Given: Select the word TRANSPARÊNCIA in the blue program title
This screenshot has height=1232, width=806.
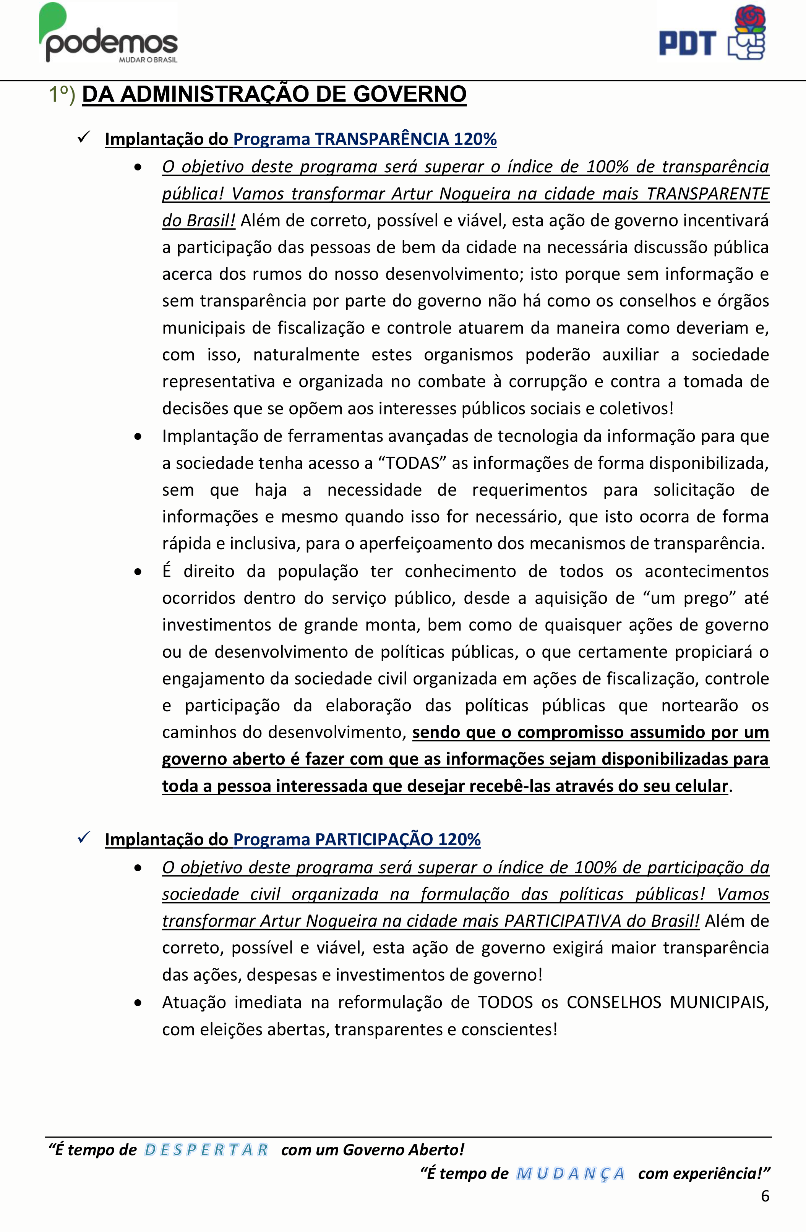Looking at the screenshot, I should pyautogui.click(x=382, y=139).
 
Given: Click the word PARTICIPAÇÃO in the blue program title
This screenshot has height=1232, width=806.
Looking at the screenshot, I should pyautogui.click(x=374, y=839).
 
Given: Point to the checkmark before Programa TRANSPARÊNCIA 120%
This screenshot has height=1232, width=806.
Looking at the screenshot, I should pyautogui.click(x=84, y=137).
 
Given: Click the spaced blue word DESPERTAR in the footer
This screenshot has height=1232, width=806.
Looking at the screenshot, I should pyautogui.click(x=206, y=1150).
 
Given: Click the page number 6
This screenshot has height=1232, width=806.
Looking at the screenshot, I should pyautogui.click(x=765, y=1196).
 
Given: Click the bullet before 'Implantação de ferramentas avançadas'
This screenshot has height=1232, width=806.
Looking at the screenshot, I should pyautogui.click(x=138, y=437).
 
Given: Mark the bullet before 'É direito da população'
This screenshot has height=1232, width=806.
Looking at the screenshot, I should pyautogui.click(x=138, y=572).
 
